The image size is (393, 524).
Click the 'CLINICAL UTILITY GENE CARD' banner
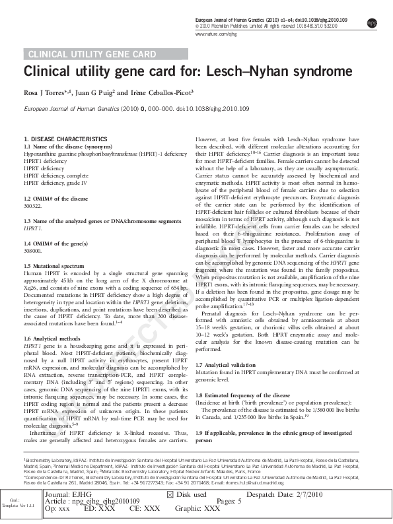(x=86, y=54)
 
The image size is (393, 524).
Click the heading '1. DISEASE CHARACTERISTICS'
(x=65, y=139)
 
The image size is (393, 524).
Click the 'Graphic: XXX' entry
(x=197, y=509)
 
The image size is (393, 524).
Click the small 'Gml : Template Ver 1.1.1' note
(x=18, y=503)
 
